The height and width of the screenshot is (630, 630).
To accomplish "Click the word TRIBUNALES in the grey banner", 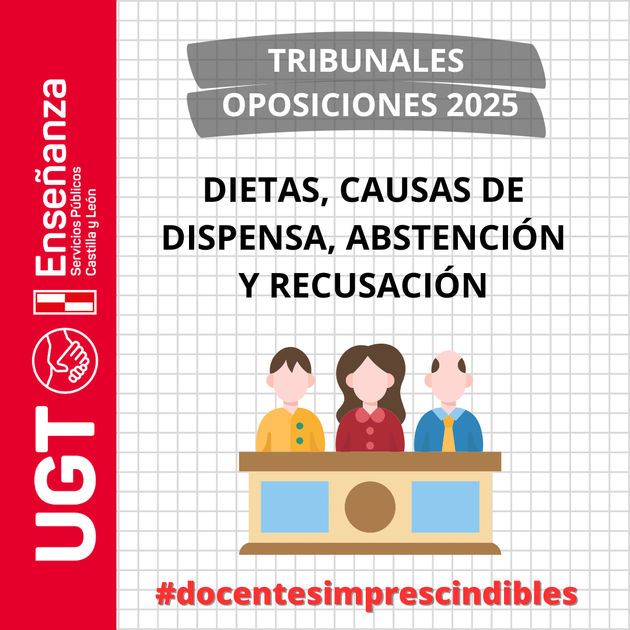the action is click(366, 61).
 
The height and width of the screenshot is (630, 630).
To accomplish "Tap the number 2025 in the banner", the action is click(482, 105).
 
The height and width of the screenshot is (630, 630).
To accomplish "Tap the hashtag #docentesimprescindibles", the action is click(366, 594).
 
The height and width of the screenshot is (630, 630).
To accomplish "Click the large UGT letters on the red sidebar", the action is click(65, 484).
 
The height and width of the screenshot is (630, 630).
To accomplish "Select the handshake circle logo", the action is click(65, 360).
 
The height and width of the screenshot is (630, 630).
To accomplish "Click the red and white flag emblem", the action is click(65, 302).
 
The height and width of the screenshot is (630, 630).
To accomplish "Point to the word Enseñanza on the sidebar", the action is click(51, 177).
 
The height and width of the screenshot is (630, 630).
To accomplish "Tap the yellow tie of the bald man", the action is click(449, 434).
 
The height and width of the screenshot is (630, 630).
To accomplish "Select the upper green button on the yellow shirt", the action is click(300, 426).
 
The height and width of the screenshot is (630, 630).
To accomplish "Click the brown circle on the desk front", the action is click(370, 507).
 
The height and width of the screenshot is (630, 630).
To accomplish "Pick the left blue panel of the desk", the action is click(295, 507).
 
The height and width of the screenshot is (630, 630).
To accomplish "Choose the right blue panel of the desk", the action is click(446, 507).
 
